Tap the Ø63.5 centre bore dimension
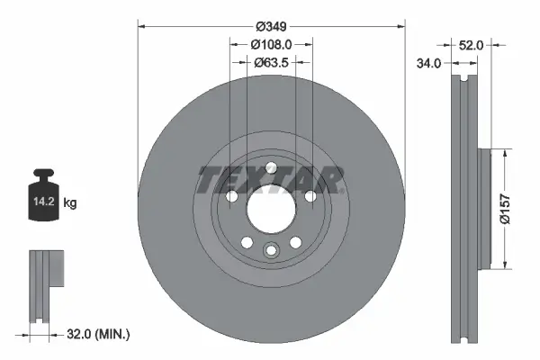271,62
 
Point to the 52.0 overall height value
472,43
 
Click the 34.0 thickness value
431,63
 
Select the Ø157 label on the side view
506,209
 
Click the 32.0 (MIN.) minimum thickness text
100,334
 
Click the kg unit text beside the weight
70,203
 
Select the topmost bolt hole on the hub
270,166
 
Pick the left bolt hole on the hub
231,196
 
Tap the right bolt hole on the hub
310,196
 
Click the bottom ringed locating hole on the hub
270,251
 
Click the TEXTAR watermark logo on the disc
270,180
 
